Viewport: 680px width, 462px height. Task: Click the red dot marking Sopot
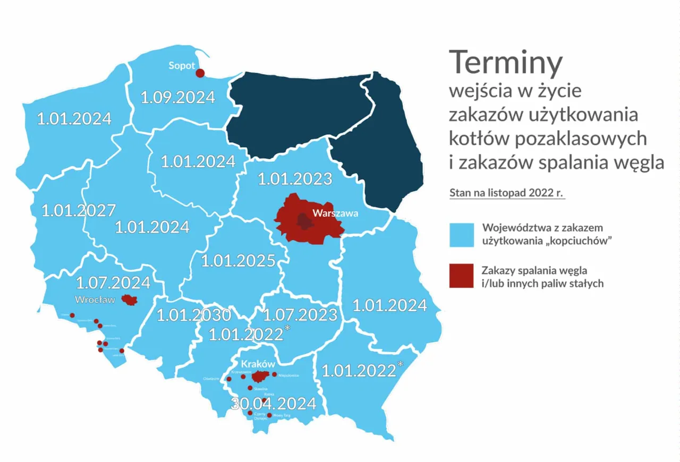click(200, 73)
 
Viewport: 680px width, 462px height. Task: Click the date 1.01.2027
click(79, 211)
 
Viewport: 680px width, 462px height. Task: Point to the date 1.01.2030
click(193, 315)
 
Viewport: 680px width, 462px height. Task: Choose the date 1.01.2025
click(238, 261)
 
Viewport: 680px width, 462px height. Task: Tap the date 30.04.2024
click(274, 404)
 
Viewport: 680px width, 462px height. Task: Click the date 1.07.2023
click(301, 314)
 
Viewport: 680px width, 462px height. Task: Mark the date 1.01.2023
click(295, 178)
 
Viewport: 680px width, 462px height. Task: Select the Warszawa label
click(336, 214)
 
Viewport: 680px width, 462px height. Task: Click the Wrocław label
click(95, 299)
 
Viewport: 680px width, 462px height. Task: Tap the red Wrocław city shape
click(129, 300)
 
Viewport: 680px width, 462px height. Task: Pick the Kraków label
click(258, 365)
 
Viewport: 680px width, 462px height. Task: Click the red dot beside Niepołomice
click(274, 375)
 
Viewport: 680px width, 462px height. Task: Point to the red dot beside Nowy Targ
click(269, 415)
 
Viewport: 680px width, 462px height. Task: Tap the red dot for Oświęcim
click(229, 379)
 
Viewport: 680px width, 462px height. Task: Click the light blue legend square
click(462, 235)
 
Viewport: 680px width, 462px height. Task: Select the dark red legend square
click(462, 276)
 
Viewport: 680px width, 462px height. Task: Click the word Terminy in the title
click(505, 63)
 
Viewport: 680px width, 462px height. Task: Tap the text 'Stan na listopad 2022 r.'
click(507, 193)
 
